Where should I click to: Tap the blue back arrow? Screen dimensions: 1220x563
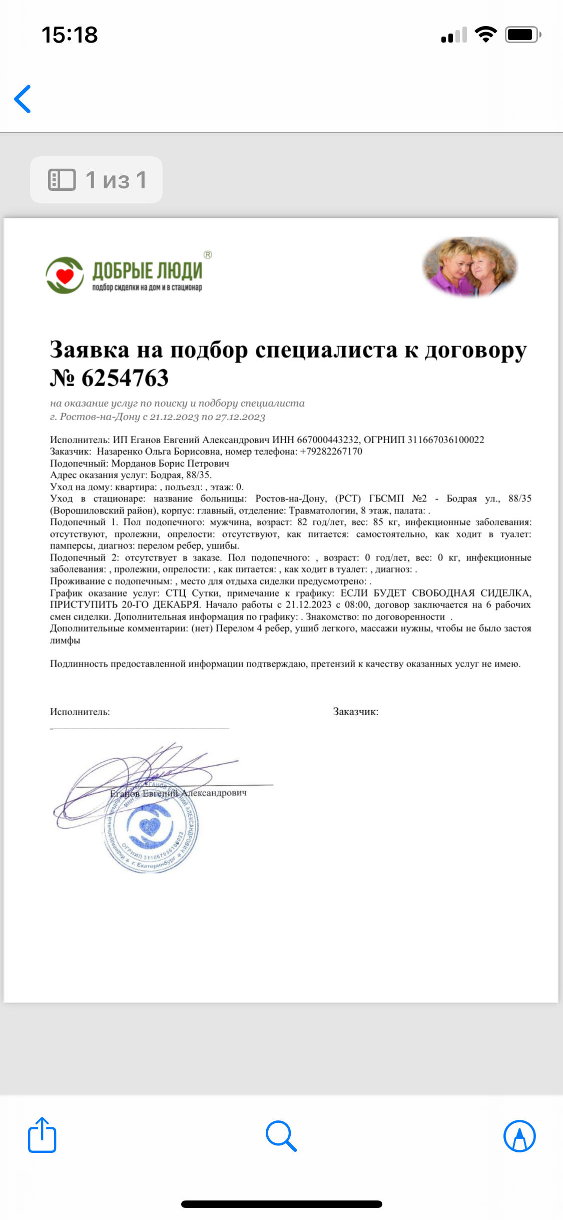23,99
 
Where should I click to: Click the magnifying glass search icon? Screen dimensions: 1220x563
281,1135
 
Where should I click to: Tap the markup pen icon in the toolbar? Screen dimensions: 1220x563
519,1135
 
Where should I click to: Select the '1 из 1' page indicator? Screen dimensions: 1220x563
97,180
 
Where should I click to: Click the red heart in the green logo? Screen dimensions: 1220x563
65,275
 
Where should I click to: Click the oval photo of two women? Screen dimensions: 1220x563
469,266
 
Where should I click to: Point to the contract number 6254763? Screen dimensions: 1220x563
125,378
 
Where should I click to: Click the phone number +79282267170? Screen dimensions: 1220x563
331,451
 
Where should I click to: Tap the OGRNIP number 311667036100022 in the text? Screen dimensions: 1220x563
446,440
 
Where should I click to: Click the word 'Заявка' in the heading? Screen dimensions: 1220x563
90,350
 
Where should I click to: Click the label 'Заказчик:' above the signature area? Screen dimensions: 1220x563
356,712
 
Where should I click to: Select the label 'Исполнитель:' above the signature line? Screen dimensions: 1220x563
80,712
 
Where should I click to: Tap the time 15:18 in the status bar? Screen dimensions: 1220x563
70,35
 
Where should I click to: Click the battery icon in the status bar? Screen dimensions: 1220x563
522,35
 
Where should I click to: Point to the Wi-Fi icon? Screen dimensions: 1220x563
485,35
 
